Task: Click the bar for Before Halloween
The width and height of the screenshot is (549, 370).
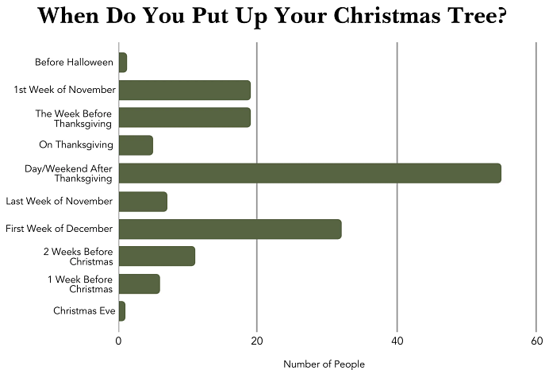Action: [122, 62]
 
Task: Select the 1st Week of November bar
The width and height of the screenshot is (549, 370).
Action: [184, 90]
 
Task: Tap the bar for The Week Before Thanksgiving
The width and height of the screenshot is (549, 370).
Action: [184, 118]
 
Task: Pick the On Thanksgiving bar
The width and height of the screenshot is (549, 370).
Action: [135, 145]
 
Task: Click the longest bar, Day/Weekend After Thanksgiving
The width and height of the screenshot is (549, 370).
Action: [309, 173]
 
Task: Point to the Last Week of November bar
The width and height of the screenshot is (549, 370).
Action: [142, 201]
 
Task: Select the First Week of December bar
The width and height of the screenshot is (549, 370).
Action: [229, 229]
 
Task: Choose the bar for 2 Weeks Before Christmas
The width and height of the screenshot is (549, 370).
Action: [156, 256]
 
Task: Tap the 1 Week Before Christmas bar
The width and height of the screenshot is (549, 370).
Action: [139, 283]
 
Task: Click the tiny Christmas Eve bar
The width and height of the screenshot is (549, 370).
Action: [121, 311]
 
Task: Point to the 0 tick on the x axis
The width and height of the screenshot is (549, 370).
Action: [118, 341]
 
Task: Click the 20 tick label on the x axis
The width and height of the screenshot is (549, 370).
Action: [257, 341]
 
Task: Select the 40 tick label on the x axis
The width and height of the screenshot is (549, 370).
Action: [397, 341]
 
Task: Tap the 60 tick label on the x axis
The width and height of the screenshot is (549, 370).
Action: [536, 341]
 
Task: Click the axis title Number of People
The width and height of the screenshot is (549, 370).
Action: [324, 364]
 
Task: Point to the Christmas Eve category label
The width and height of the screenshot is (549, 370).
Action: [84, 311]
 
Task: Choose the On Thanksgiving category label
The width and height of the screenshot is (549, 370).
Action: [76, 145]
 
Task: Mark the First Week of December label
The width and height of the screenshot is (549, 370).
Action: [59, 229]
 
